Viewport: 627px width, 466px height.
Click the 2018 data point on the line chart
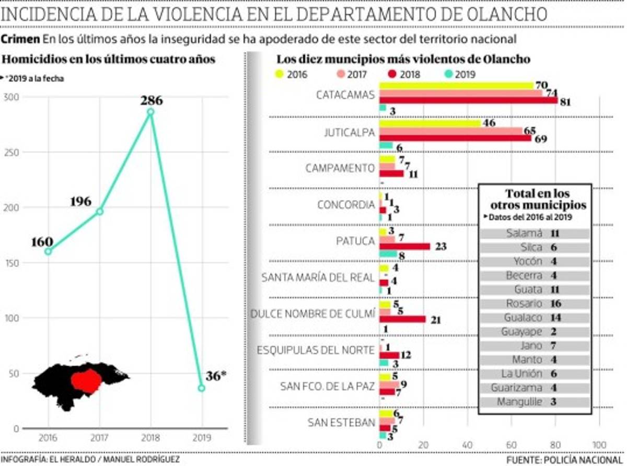click(150, 112)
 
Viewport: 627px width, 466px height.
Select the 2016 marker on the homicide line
click(49, 251)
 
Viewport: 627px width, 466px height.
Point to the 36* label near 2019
click(216, 375)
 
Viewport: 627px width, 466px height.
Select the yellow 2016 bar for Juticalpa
click(429, 124)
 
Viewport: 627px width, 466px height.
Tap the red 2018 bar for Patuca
click(404, 246)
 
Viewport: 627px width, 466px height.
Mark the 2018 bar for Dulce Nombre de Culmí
click(402, 319)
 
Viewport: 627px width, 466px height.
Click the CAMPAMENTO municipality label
click(340, 168)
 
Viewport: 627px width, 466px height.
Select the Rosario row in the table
click(534, 304)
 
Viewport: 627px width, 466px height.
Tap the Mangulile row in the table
click(534, 402)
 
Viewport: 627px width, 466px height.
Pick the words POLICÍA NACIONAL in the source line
click(580, 459)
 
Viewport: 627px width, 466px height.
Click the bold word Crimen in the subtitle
click(20, 39)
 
